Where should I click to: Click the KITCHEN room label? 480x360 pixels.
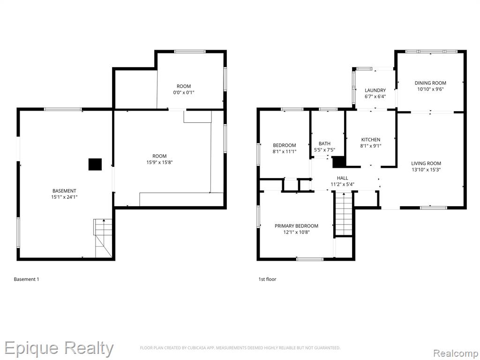[371, 140]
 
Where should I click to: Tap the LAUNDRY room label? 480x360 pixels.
[375, 90]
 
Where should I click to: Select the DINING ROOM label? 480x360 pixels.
[430, 83]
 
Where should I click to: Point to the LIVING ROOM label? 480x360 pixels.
[426, 164]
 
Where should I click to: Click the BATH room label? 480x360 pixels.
[324, 143]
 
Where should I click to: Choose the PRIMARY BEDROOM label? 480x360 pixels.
[296, 226]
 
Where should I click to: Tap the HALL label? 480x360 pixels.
[343, 178]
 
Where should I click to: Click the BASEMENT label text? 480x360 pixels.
[64, 191]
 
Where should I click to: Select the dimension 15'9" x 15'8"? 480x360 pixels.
[159, 162]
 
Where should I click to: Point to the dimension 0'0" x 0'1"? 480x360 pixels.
[184, 92]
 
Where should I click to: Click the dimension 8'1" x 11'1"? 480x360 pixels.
[285, 151]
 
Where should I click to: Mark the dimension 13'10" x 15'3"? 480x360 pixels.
[426, 170]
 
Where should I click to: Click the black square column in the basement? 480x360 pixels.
[95, 165]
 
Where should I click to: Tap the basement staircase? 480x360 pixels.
[103, 238]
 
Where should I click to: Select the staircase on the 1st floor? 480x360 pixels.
[344, 214]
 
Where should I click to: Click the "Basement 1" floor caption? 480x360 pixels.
[26, 279]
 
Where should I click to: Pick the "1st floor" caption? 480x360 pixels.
[267, 279]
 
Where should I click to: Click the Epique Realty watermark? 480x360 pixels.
[59, 349]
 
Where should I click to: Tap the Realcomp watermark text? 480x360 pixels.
[456, 353]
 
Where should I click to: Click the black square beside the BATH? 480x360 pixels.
[339, 162]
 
